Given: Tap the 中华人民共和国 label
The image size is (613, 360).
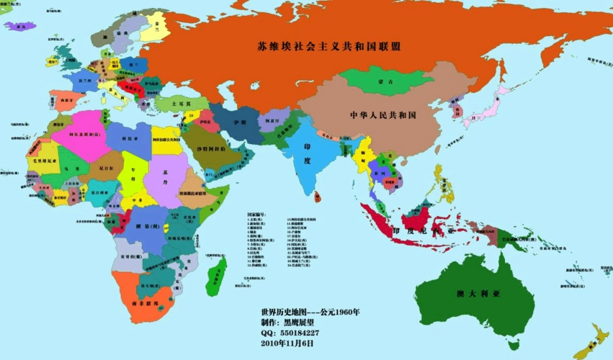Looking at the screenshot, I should [x=383, y=115].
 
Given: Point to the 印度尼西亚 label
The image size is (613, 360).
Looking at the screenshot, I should [x=424, y=231].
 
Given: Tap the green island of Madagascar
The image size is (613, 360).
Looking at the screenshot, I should [x=215, y=277].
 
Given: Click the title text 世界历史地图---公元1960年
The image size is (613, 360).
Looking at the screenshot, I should [x=310, y=312].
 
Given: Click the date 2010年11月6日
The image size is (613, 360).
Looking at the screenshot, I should [x=288, y=343].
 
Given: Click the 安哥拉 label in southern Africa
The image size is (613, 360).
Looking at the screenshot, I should [x=130, y=256].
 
